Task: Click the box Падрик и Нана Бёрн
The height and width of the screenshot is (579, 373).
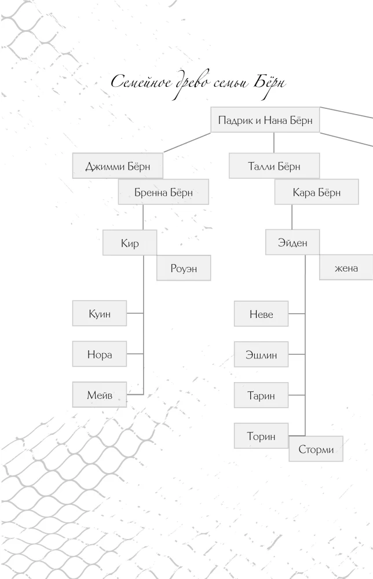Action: [265, 120]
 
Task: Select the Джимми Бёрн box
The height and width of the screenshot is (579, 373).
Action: [118, 166]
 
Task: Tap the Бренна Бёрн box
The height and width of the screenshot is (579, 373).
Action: [163, 192]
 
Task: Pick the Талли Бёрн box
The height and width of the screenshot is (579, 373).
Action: [274, 166]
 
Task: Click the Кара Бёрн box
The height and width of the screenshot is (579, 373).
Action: [316, 192]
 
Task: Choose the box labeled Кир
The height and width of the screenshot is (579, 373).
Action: [130, 243]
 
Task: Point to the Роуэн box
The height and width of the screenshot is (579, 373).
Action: [184, 267]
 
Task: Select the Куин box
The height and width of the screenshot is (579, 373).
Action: [100, 313]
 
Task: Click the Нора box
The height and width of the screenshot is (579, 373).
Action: [100, 354]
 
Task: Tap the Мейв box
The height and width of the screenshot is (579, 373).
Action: [100, 394]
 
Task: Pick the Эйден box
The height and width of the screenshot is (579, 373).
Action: [292, 242]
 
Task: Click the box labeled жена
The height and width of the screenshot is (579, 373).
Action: [346, 267]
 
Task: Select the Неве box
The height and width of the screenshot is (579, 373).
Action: [261, 313]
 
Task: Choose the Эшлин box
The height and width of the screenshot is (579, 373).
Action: [261, 354]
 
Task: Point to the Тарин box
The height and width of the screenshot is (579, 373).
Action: [261, 395]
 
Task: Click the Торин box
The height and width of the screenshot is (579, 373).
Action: [261, 436]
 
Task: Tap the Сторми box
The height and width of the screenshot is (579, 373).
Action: [316, 449]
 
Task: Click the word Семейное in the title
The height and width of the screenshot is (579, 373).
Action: [141, 82]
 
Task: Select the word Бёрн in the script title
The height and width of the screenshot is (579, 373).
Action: [269, 83]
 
